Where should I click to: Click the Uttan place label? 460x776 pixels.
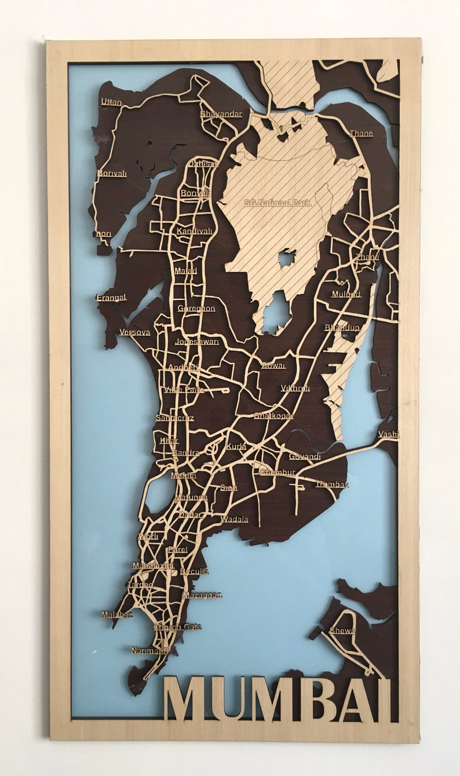111,102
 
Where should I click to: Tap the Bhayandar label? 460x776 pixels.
221,114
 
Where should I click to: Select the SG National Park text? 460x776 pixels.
278,203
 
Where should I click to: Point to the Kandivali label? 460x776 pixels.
195,231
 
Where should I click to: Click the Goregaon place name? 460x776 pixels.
196,308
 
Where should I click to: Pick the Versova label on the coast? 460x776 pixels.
134,332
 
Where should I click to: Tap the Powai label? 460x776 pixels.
273,365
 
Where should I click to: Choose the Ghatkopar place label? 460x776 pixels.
273,416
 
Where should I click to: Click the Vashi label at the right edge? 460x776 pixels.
388,434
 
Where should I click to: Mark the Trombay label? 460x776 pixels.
332,484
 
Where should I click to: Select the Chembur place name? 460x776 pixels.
278,473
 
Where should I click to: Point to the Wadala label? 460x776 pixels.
234,519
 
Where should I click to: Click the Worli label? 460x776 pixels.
148,536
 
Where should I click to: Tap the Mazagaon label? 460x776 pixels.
202,595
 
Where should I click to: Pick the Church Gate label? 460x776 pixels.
177,627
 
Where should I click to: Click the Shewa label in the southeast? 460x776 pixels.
342,630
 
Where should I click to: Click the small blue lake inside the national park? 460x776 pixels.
287,258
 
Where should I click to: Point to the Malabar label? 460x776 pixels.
117,614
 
